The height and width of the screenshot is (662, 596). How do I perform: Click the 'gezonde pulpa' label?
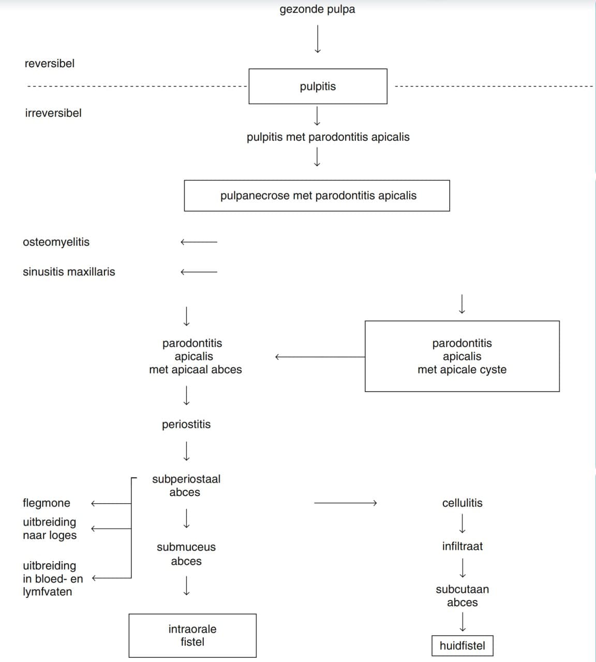click(x=317, y=9)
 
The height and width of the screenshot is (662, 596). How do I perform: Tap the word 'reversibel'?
click(x=50, y=64)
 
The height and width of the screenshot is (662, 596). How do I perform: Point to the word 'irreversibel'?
click(x=53, y=113)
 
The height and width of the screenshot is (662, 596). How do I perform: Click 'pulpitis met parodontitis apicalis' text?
click(x=328, y=137)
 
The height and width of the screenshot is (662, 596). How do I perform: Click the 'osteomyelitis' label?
click(x=56, y=242)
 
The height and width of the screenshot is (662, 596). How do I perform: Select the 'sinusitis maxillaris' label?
click(x=69, y=272)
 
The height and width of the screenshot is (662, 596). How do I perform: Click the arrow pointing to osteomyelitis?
click(x=199, y=242)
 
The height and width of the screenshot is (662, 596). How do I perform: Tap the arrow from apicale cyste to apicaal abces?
click(x=320, y=357)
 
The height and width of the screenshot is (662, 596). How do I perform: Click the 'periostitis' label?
click(x=186, y=425)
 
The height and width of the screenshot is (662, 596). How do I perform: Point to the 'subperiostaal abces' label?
click(x=186, y=486)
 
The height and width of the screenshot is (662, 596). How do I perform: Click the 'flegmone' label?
click(x=47, y=503)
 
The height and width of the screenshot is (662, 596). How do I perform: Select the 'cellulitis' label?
click(x=463, y=503)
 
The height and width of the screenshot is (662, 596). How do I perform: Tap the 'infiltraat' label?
click(x=463, y=546)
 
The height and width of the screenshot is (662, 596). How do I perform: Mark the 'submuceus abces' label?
click(x=186, y=554)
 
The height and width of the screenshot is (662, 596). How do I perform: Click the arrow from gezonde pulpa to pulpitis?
click(x=318, y=39)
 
